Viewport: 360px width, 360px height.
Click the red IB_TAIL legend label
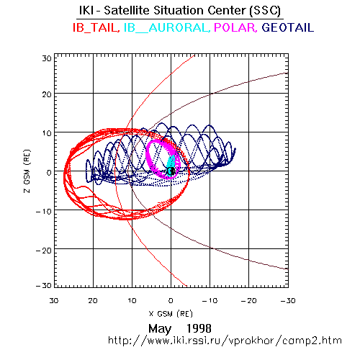click(x=96, y=27)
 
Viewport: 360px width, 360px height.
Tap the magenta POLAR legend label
click(x=235, y=27)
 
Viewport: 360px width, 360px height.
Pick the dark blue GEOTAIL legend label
click(x=287, y=27)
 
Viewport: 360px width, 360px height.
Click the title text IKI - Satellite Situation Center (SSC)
click(x=180, y=11)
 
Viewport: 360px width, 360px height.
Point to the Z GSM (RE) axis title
click(x=27, y=171)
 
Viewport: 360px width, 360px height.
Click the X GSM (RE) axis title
click(x=171, y=313)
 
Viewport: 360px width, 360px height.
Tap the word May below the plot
click(x=160, y=328)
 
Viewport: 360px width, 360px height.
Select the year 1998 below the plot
click(x=199, y=328)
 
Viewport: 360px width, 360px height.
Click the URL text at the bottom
click(x=225, y=341)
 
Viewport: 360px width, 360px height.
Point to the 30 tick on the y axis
click(x=47, y=58)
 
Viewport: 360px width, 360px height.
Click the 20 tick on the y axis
click(x=47, y=94)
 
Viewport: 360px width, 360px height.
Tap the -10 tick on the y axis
click(x=44, y=212)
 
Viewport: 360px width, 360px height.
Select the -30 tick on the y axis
click(x=44, y=286)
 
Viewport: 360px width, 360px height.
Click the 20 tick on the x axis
click(x=93, y=300)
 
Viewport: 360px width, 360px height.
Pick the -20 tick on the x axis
click(x=248, y=300)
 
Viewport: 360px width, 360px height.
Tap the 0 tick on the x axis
click(x=171, y=300)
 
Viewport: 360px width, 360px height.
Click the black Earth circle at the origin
click(x=171, y=171)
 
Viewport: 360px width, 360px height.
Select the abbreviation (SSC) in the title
click(x=265, y=11)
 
